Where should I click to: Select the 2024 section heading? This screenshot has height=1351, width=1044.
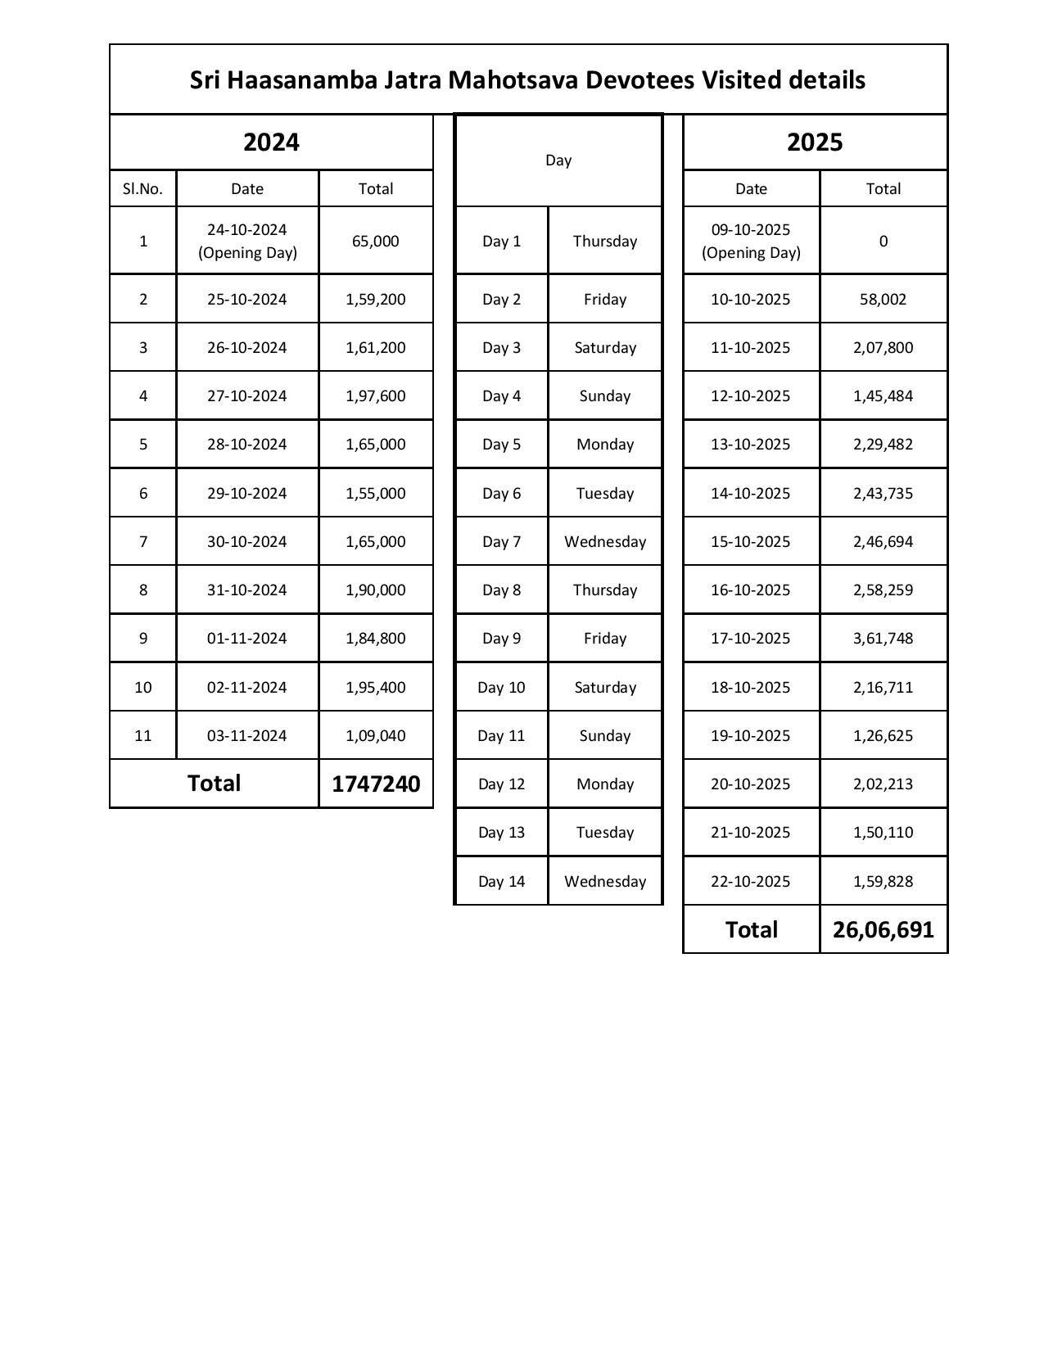(x=271, y=142)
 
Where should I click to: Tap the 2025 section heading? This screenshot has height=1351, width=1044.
(x=815, y=142)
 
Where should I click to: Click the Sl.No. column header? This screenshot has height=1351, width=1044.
(x=142, y=189)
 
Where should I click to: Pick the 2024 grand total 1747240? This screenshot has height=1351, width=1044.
(x=376, y=784)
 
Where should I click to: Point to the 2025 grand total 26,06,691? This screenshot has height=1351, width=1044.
(x=883, y=929)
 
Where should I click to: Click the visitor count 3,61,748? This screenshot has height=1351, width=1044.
(x=883, y=639)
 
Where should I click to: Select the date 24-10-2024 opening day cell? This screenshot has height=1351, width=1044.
(x=246, y=241)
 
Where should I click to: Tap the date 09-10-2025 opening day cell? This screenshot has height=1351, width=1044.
(x=751, y=241)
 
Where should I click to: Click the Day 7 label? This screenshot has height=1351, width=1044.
(x=501, y=542)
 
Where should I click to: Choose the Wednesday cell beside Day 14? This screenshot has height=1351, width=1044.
(x=605, y=882)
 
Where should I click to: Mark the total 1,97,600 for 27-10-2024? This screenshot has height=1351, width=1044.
(x=375, y=396)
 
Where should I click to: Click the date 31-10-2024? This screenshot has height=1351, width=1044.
(x=246, y=590)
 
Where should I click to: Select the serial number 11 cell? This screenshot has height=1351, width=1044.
(x=142, y=735)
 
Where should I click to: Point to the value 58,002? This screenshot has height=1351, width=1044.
(x=883, y=300)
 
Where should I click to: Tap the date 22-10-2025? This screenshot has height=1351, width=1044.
(x=751, y=882)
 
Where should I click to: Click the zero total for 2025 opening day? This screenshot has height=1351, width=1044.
(x=883, y=241)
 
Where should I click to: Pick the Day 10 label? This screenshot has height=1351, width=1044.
(x=501, y=688)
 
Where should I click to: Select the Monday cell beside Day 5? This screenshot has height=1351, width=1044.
(x=605, y=445)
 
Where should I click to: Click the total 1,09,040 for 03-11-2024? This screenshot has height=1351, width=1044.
(x=375, y=735)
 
